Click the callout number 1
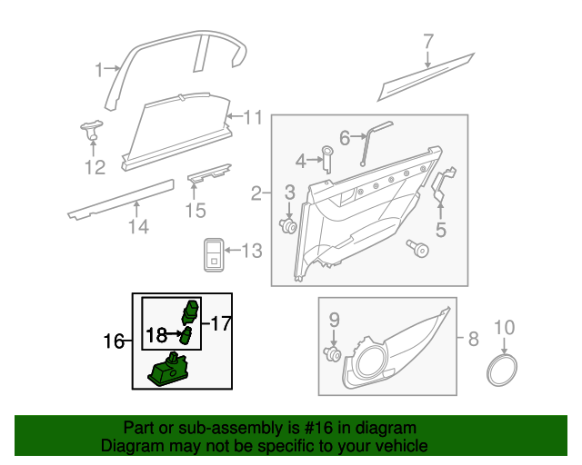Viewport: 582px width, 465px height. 100,69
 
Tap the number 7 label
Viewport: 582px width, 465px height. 428,42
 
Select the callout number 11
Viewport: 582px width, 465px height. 252,117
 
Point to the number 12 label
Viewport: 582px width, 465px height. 95,166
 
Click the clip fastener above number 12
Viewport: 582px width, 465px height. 91,129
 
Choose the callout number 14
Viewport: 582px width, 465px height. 137,226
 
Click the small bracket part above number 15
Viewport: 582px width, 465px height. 208,175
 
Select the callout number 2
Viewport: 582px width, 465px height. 257,193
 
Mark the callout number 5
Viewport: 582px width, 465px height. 441,230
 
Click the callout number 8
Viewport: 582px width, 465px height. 473,341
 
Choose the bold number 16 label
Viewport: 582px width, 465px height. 114,341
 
